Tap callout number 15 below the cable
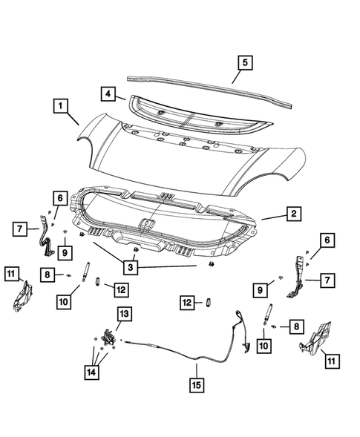point(196,386)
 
